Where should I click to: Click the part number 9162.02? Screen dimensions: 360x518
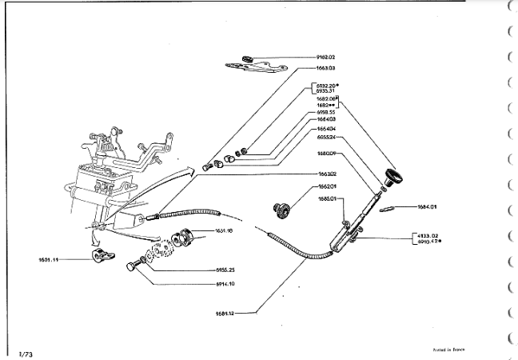pyautogui.click(x=325, y=58)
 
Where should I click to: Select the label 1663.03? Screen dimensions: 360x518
pyautogui.click(x=325, y=68)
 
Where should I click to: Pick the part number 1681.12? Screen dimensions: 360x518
pyautogui.click(x=246, y=313)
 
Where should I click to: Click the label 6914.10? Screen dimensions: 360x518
pyautogui.click(x=226, y=283)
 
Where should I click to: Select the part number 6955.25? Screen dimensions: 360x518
pyautogui.click(x=226, y=270)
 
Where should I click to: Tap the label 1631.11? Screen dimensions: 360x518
pyautogui.click(x=50, y=259)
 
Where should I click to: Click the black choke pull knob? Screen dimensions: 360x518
pyautogui.click(x=393, y=177)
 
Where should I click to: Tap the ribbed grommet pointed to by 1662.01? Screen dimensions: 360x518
pyautogui.click(x=281, y=209)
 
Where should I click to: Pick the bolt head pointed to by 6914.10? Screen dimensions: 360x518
pyautogui.click(x=129, y=266)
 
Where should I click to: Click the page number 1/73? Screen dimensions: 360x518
pyautogui.click(x=26, y=352)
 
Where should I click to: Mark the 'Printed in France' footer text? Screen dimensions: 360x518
pyautogui.click(x=444, y=350)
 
